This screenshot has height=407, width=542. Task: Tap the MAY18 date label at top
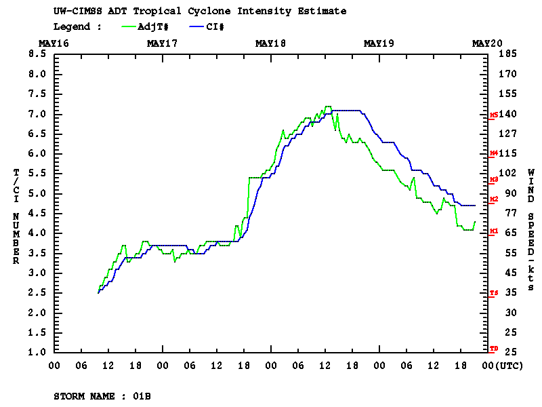point(270,43)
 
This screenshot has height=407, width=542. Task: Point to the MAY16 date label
point(54,43)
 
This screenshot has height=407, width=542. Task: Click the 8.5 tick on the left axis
point(37,54)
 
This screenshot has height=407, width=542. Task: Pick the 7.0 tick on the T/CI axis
point(37,114)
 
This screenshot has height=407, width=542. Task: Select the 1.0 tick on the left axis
point(37,353)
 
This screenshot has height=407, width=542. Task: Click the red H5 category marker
point(494,115)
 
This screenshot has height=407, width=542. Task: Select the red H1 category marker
point(494,231)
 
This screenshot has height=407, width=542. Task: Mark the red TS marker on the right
point(494,293)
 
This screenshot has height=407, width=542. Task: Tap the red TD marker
point(494,349)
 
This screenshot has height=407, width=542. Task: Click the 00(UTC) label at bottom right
point(500,366)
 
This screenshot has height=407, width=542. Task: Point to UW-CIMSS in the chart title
point(75,11)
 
